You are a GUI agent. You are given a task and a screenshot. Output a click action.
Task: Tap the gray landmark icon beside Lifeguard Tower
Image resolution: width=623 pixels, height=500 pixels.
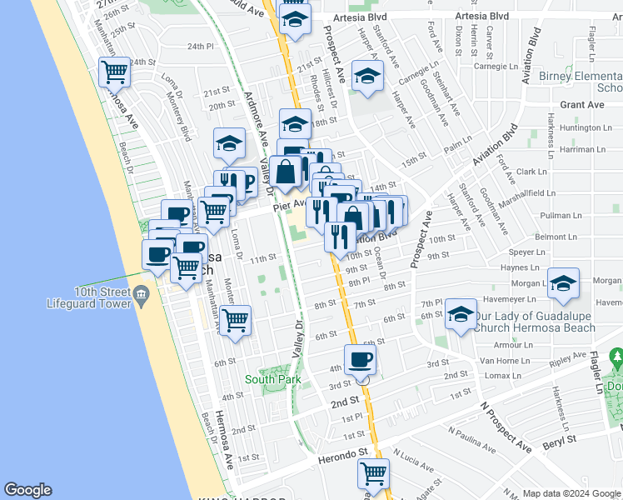(142, 292)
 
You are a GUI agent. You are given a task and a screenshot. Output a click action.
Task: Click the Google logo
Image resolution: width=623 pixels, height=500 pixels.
(29, 490)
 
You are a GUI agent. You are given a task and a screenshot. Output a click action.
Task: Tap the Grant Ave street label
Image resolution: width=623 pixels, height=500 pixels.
(582, 105)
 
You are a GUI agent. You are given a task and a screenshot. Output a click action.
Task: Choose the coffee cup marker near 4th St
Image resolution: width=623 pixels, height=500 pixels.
(360, 360)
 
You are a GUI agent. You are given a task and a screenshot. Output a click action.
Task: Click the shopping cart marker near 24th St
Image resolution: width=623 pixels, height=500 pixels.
(115, 72)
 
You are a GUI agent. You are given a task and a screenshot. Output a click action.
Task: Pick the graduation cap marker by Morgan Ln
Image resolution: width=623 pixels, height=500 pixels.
(563, 283)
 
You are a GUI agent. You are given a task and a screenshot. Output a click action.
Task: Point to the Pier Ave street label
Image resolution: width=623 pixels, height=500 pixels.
(289, 202)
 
